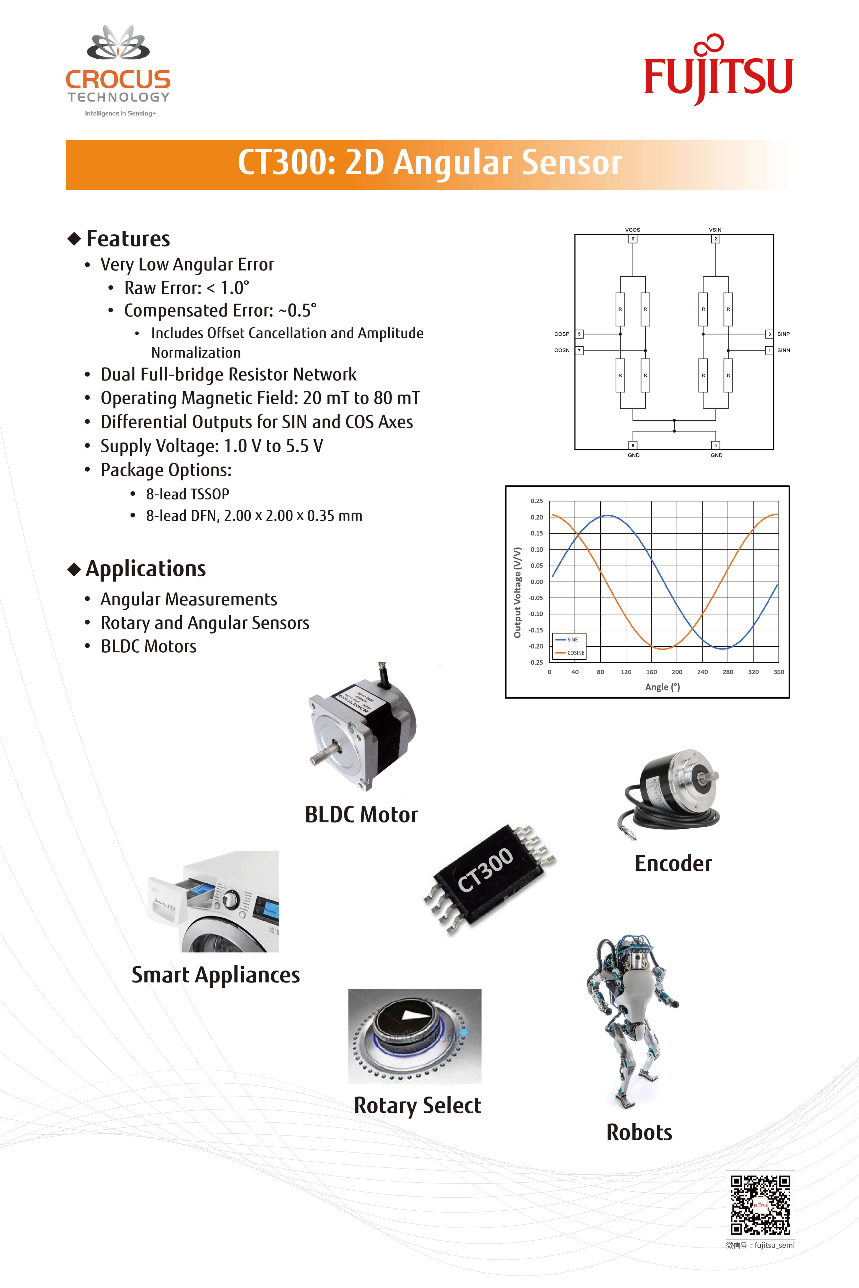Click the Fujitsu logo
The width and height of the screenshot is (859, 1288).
[718, 71]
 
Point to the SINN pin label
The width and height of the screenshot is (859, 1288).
[783, 351]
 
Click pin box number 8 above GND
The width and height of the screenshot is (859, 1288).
[633, 445]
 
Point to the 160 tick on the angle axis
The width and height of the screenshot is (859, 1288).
[651, 672]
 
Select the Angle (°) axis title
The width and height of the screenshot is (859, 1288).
[662, 687]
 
